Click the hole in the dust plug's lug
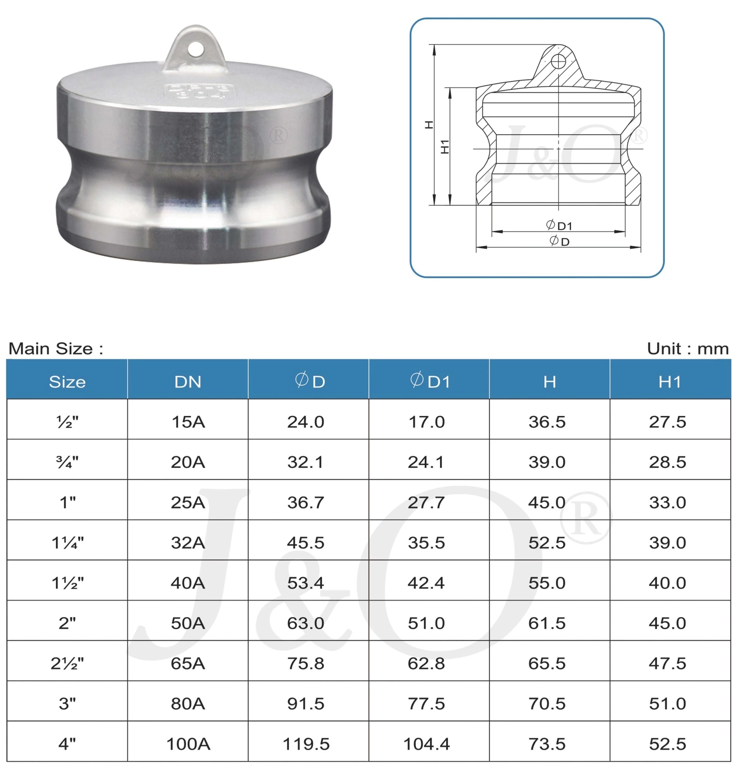(195, 49)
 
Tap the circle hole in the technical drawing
(558, 61)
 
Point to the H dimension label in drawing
(429, 125)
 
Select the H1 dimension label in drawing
(445, 146)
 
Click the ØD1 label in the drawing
(559, 226)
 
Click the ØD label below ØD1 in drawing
(559, 241)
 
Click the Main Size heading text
(56, 348)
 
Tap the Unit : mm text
(688, 348)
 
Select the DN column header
(188, 382)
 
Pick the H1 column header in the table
(670, 382)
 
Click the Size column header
(67, 382)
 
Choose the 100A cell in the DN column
(188, 744)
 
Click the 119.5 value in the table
(306, 744)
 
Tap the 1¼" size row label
(67, 543)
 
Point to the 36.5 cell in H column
(547, 422)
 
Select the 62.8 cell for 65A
(426, 664)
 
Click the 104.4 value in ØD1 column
(426, 744)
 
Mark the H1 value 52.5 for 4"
(667, 744)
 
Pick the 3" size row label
(67, 703)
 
